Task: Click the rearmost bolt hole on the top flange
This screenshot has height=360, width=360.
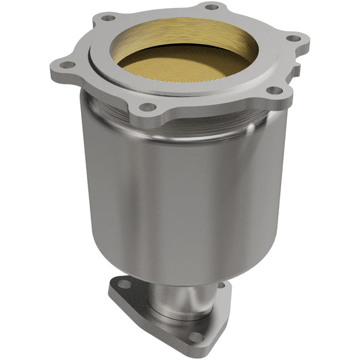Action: [211, 7]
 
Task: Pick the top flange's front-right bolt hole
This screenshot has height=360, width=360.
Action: [274, 91]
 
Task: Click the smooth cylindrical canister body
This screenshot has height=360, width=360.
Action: [182, 196]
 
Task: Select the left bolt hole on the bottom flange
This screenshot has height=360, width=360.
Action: [122, 284]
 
